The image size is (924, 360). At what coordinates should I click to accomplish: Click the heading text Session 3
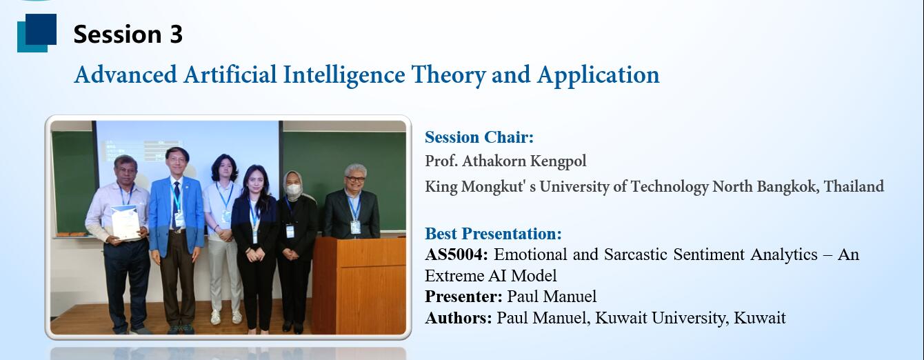coord(128,34)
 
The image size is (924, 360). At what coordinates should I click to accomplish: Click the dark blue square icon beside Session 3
coord(41,29)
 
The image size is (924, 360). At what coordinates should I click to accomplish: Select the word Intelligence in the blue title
coord(344,75)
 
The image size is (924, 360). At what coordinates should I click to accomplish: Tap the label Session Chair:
coord(479,137)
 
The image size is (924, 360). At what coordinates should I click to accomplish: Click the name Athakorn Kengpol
coord(524,161)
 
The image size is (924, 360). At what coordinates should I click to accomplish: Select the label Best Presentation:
coord(493,234)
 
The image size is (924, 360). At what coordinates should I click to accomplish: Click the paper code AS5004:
coord(456,254)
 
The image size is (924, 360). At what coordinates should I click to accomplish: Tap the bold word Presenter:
coord(463,297)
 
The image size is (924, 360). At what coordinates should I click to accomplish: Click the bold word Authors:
coord(459,318)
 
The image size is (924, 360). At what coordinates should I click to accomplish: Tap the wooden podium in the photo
coord(359,285)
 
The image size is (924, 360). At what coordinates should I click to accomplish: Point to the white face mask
coord(293,190)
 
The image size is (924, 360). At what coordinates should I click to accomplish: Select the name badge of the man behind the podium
coord(356,227)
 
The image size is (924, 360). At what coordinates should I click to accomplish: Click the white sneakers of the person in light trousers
coord(225,317)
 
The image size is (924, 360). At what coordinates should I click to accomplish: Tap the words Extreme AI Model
coord(490,275)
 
